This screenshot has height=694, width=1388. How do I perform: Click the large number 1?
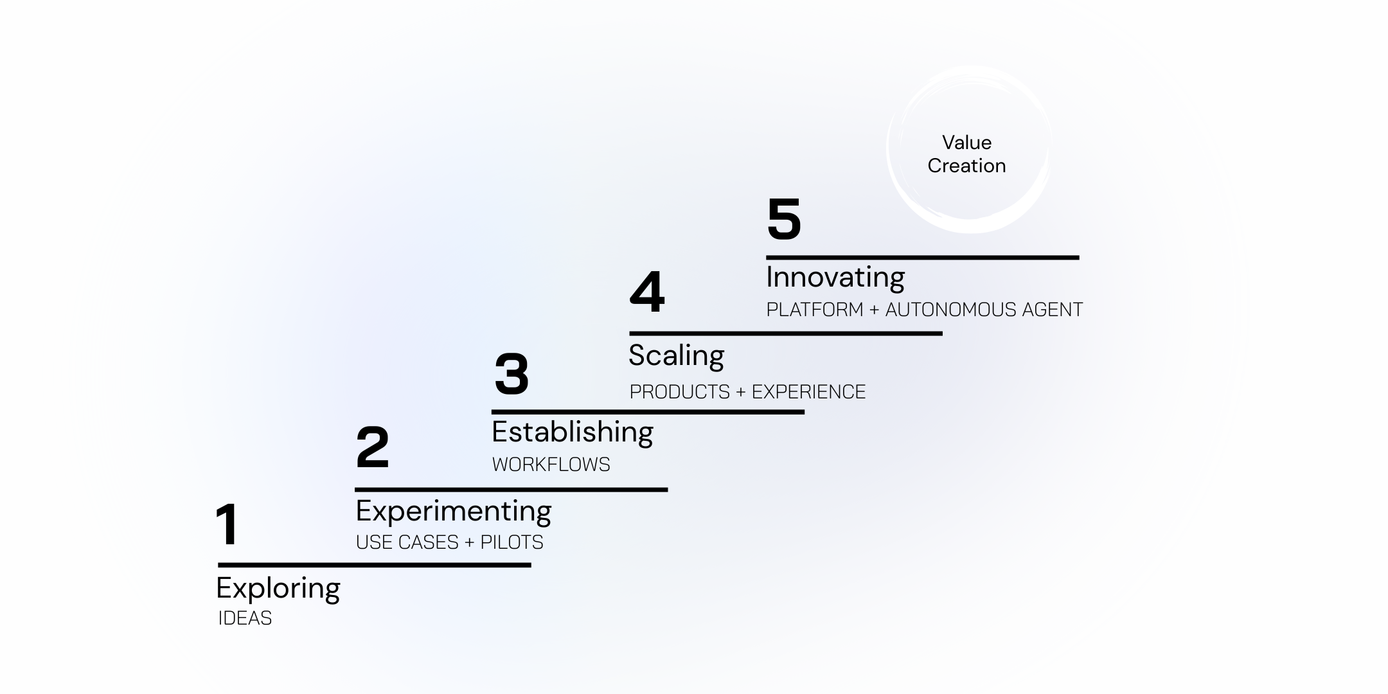[227, 525]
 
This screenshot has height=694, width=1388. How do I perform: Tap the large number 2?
[373, 447]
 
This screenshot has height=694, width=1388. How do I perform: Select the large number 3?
[512, 374]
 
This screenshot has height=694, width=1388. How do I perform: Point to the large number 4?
[646, 292]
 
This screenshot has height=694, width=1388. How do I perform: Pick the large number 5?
[784, 220]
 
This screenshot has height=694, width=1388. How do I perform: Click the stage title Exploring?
[278, 589]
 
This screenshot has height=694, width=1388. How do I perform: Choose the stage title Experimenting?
[454, 512]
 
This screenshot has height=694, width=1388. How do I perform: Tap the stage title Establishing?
[572, 432]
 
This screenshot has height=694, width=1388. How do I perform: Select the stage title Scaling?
[676, 356]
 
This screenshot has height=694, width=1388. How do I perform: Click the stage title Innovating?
[835, 278]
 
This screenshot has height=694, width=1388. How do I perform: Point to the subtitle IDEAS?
[245, 618]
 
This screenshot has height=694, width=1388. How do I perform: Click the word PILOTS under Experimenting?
[512, 542]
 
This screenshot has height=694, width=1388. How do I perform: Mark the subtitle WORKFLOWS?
[551, 465]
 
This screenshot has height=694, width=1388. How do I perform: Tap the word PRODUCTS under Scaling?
[679, 392]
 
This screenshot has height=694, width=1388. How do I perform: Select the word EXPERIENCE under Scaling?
[808, 392]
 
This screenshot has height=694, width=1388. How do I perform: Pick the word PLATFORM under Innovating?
[814, 310]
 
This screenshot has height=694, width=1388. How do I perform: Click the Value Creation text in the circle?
[966, 154]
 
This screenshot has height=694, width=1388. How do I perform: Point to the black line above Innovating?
[922, 258]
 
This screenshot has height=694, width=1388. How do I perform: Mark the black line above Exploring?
[375, 565]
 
